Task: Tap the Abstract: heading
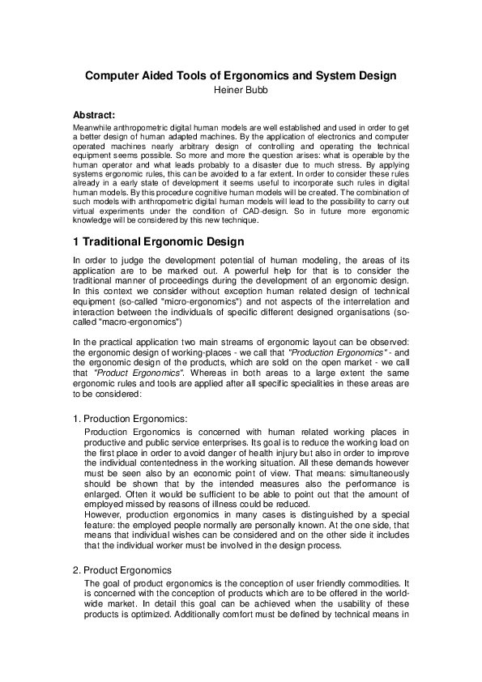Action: coord(94,116)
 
